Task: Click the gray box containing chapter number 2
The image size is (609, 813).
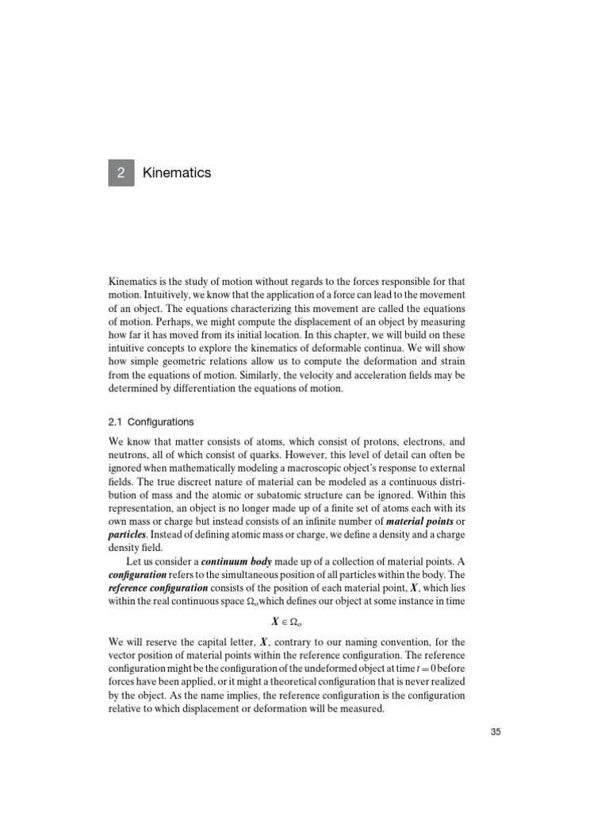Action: [x=122, y=172]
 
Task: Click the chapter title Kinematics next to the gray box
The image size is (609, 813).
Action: [x=177, y=172]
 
